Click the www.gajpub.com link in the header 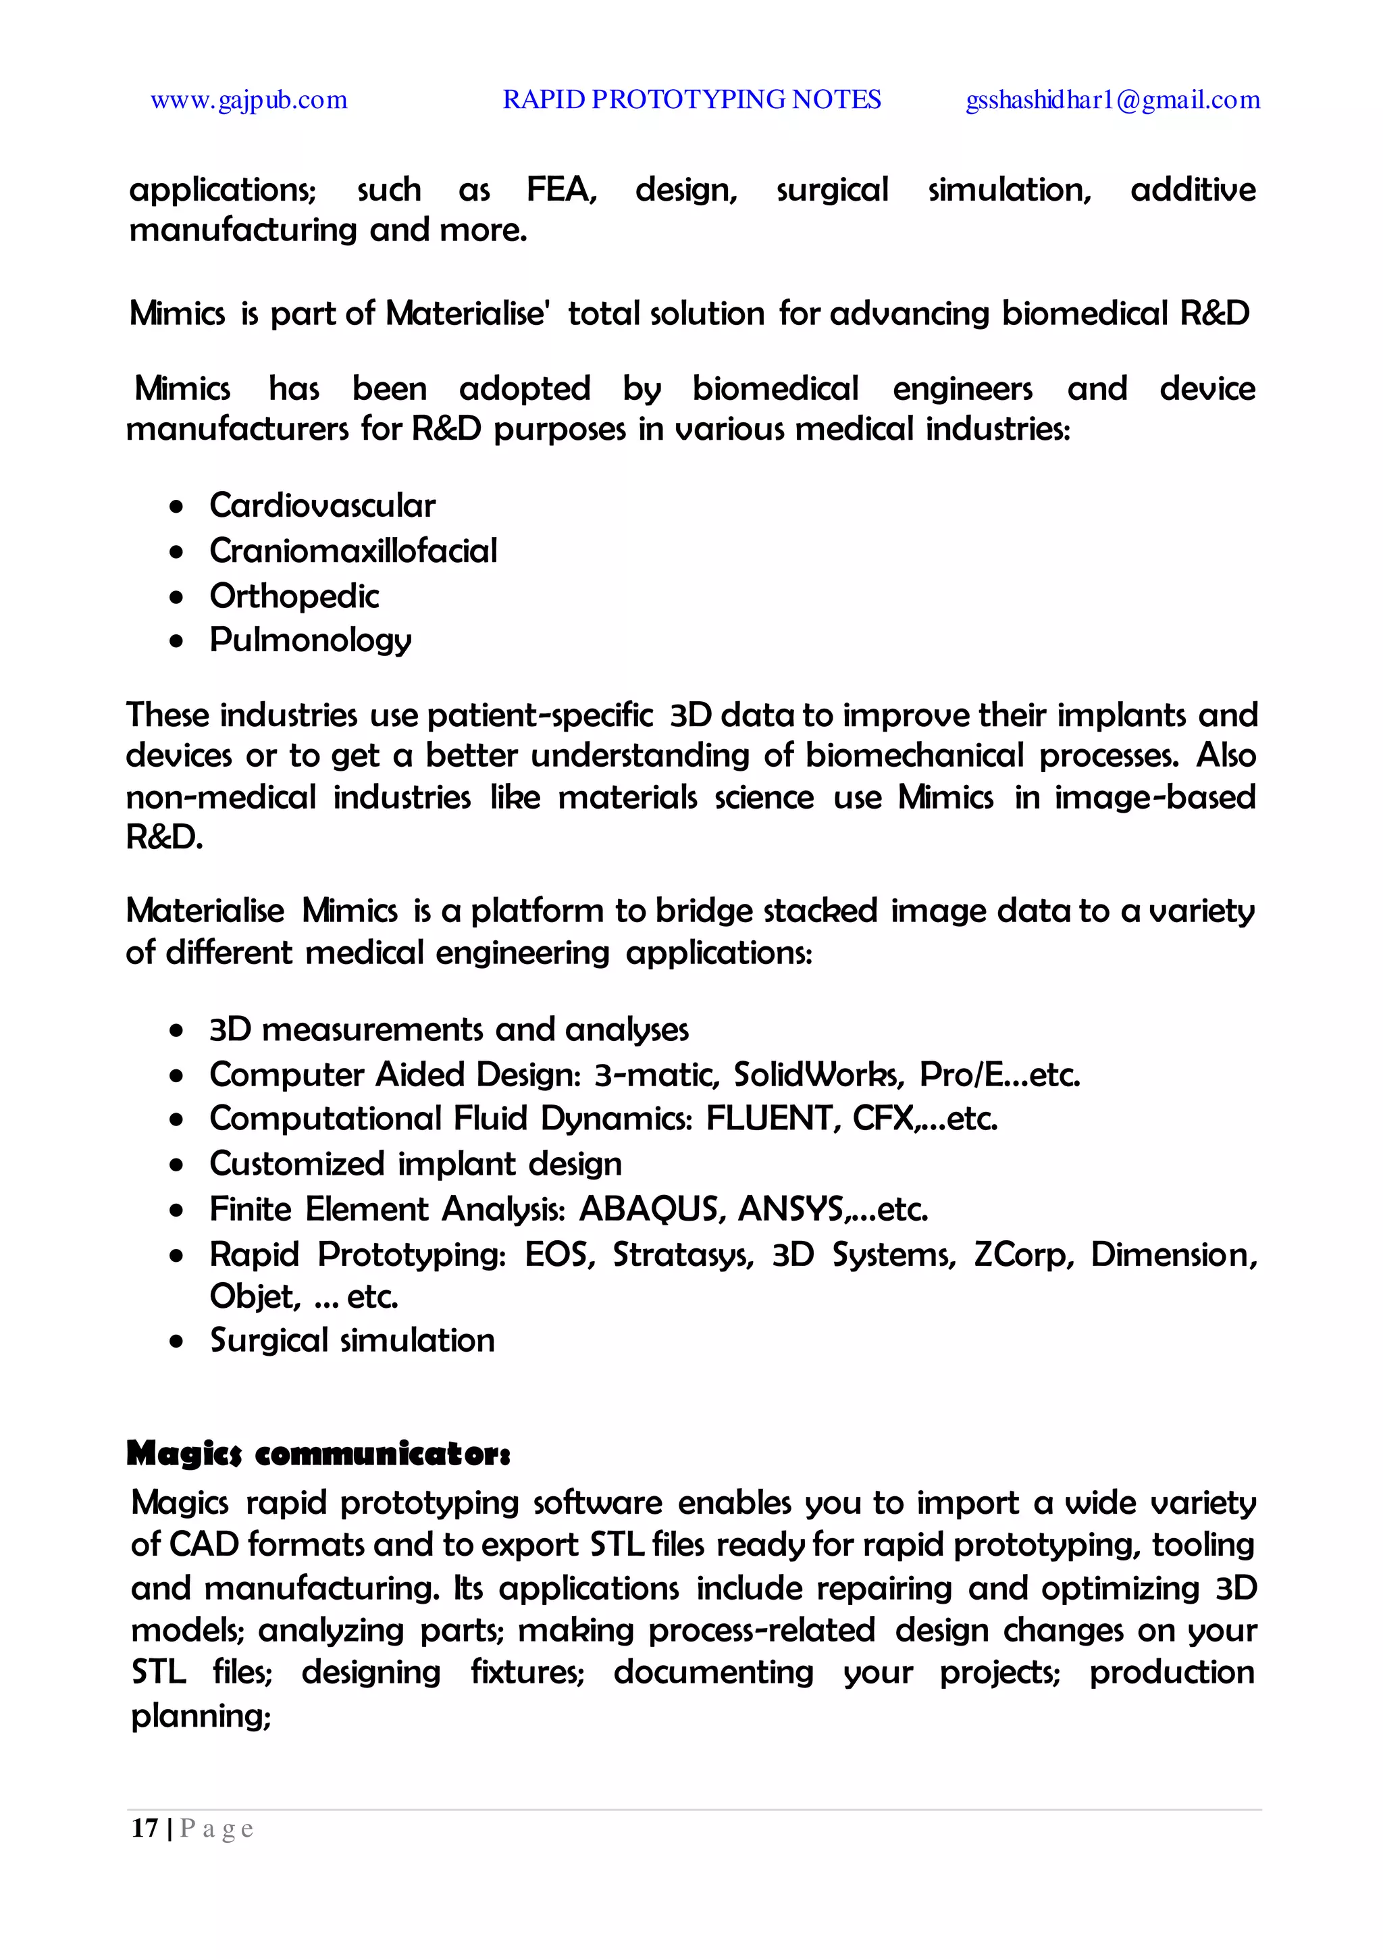(249, 101)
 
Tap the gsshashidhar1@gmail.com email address (1112, 101)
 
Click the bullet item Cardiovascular (323, 506)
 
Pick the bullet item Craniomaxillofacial (353, 551)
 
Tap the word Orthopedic (294, 596)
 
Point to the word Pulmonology (311, 640)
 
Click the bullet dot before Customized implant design (177, 1165)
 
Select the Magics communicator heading (318, 1453)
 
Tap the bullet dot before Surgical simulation (177, 1342)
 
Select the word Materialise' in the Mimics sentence (466, 314)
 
